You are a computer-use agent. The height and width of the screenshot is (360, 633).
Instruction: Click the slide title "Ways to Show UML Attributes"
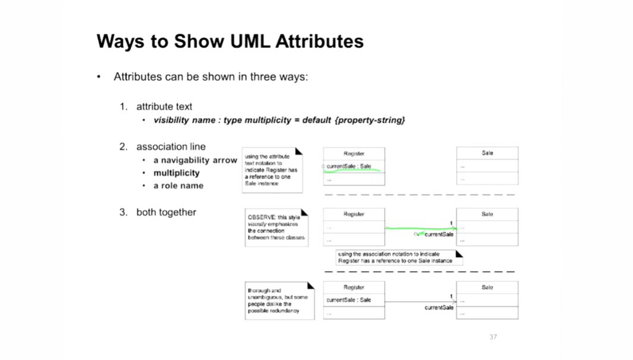[230, 42]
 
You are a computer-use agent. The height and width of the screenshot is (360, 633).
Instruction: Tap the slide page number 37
[493, 337]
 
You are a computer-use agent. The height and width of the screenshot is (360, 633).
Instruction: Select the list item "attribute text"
[164, 107]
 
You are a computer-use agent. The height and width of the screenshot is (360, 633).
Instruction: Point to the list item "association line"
[171, 146]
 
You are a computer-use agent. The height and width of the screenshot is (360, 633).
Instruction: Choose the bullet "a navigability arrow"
[195, 160]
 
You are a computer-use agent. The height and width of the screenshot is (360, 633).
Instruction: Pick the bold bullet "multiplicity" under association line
[176, 173]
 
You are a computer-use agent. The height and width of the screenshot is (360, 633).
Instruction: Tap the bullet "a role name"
[178, 186]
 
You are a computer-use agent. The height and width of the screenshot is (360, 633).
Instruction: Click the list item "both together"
[166, 212]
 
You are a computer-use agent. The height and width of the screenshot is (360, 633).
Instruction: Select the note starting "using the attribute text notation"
[271, 170]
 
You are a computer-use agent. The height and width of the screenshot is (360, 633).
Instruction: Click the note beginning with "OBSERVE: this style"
[277, 227]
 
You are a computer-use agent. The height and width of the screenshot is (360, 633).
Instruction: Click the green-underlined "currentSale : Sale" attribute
[349, 167]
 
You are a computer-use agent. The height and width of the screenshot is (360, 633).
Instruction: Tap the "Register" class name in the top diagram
[354, 154]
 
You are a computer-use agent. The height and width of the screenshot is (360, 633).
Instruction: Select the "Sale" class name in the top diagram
[487, 154]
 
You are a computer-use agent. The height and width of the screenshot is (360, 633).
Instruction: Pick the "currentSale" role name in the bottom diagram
[439, 308]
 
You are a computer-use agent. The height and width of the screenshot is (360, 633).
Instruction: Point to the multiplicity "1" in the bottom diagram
[451, 296]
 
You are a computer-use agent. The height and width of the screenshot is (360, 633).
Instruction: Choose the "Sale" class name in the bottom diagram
[487, 287]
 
